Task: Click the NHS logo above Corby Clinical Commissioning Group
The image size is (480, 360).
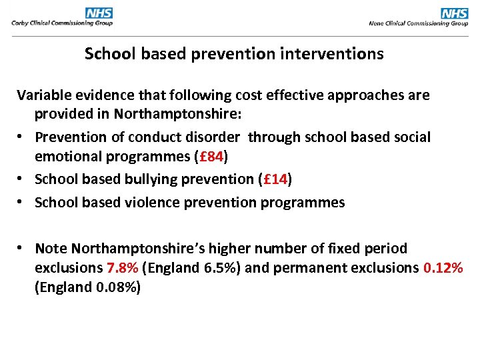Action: [99, 13]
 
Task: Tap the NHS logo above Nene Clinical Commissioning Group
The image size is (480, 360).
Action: [455, 13]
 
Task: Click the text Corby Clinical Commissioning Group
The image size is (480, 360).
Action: [62, 23]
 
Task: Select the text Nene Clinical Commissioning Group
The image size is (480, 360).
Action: [419, 23]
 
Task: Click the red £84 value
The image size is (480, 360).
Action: [213, 157]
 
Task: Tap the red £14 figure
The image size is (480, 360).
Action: [276, 179]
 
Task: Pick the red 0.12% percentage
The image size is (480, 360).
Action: [443, 268]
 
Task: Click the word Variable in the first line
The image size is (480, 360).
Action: [43, 95]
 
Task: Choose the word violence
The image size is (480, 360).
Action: [151, 203]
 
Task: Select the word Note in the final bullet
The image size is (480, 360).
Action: [51, 249]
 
